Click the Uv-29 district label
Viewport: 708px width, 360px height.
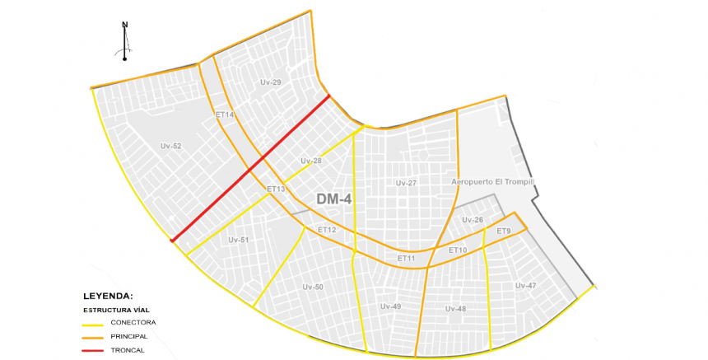(271, 82)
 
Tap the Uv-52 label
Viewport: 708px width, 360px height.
(170, 146)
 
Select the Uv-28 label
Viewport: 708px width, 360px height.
(311, 161)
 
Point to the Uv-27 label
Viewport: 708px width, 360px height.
(406, 183)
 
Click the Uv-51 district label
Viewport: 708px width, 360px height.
(239, 240)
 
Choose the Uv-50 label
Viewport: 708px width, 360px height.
(313, 287)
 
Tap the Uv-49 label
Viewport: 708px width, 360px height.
(390, 306)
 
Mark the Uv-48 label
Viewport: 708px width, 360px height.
(455, 309)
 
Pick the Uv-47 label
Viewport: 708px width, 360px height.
(525, 286)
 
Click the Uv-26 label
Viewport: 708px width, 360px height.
(473, 220)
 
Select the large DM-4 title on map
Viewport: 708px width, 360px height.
(335, 199)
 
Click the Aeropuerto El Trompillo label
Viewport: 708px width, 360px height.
(493, 181)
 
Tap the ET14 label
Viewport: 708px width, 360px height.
(225, 115)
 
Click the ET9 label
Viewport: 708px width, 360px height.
(504, 231)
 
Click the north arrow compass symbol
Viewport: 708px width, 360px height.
(125, 40)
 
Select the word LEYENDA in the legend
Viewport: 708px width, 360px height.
(108, 295)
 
